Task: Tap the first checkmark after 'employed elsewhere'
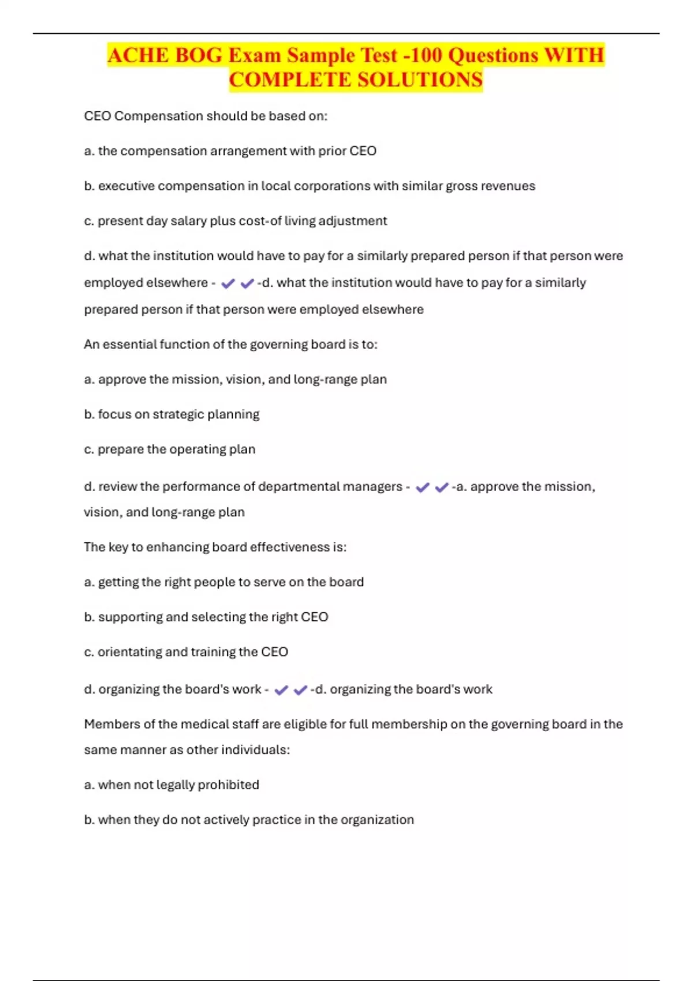pyautogui.click(x=228, y=283)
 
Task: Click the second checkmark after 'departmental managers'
pyautogui.click(x=442, y=488)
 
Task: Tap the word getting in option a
pyautogui.click(x=118, y=582)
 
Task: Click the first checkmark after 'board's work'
pyautogui.click(x=281, y=690)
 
